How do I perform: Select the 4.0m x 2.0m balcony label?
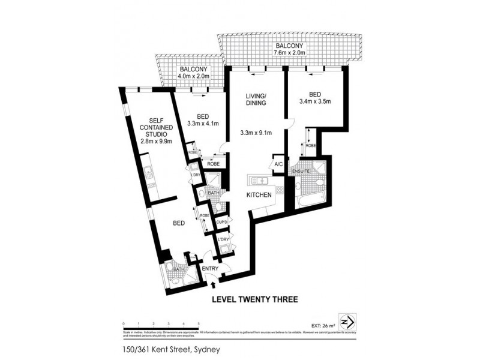[x=194, y=77]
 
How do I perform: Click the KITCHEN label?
[x=259, y=195]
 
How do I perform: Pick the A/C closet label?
[x=278, y=164]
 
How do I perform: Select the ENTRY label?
[x=210, y=269]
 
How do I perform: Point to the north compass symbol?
[x=347, y=319]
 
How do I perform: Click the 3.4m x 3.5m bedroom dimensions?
[x=314, y=101]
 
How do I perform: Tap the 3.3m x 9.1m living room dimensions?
[x=255, y=133]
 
